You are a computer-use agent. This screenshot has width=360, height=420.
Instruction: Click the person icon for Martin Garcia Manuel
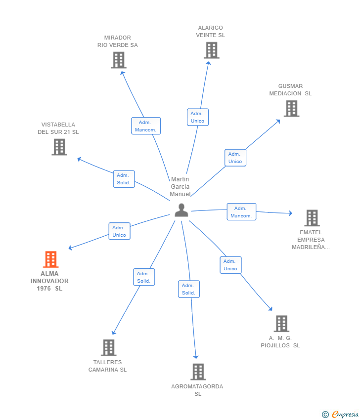181,210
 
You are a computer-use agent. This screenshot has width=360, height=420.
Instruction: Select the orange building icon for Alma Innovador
50,259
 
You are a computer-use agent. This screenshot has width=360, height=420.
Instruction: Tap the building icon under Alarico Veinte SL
212,50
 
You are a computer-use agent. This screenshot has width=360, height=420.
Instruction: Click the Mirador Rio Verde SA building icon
119,60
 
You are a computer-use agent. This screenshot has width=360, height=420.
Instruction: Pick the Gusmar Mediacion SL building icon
292,109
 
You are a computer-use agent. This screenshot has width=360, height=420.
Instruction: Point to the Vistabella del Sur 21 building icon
59,147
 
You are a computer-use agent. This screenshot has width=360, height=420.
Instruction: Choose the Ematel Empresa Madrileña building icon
312,218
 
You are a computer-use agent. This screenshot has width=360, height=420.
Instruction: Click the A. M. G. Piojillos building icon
281,324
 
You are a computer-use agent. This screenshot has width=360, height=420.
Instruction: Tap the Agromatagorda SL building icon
198,372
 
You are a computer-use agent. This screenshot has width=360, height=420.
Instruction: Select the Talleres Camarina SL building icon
109,348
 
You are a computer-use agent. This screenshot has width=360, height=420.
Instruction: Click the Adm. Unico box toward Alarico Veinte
198,117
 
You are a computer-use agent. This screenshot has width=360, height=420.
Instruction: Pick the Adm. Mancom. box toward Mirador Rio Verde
146,126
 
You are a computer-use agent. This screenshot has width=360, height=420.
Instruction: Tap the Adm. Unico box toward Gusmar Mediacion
235,158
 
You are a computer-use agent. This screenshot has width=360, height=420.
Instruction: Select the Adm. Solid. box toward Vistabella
124,179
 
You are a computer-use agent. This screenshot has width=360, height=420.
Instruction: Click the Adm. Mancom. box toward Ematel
241,212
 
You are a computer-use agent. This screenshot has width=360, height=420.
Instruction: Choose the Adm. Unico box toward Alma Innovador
119,231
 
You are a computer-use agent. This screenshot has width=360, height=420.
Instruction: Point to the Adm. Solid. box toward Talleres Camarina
144,277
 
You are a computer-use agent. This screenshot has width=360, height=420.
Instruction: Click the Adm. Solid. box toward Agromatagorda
189,289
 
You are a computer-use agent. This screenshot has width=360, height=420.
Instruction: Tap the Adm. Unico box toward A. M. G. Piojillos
230,265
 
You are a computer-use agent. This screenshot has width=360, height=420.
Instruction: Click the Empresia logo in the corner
340,415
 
